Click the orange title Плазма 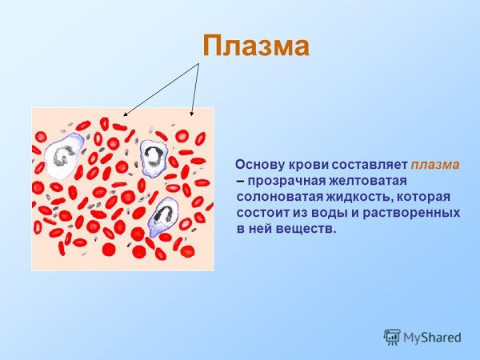(x=254, y=46)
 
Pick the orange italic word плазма (x=435, y=165)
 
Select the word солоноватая (x=275, y=197)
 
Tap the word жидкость (x=353, y=197)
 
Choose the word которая (x=422, y=197)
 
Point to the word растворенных (x=414, y=213)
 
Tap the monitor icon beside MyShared (x=391, y=336)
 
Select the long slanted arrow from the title (x=160, y=90)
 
